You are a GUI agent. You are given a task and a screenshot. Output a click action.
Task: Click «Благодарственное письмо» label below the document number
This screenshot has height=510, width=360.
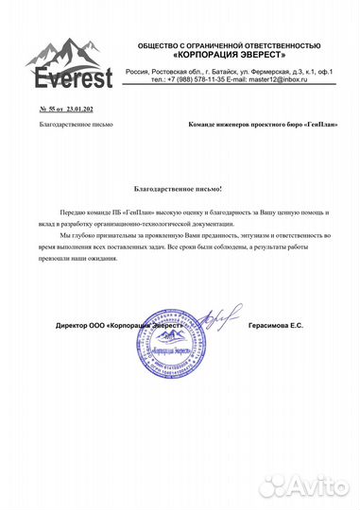pos(77,125)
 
